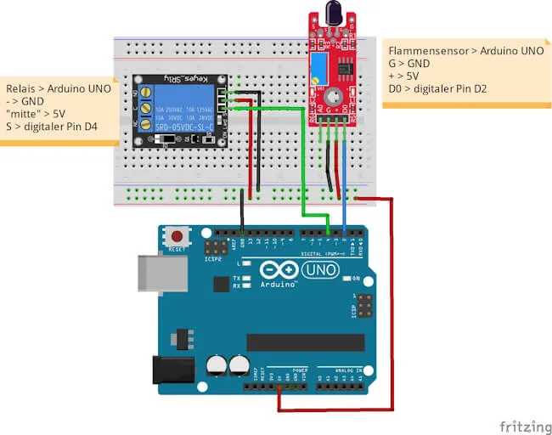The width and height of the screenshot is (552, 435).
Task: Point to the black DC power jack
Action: (167, 370)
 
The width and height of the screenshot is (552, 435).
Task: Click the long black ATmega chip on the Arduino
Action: (305, 342)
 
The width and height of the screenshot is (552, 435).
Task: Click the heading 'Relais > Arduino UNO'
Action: (59, 88)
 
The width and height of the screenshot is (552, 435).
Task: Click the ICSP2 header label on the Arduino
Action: (211, 261)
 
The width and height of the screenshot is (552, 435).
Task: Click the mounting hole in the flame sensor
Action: (334, 98)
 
